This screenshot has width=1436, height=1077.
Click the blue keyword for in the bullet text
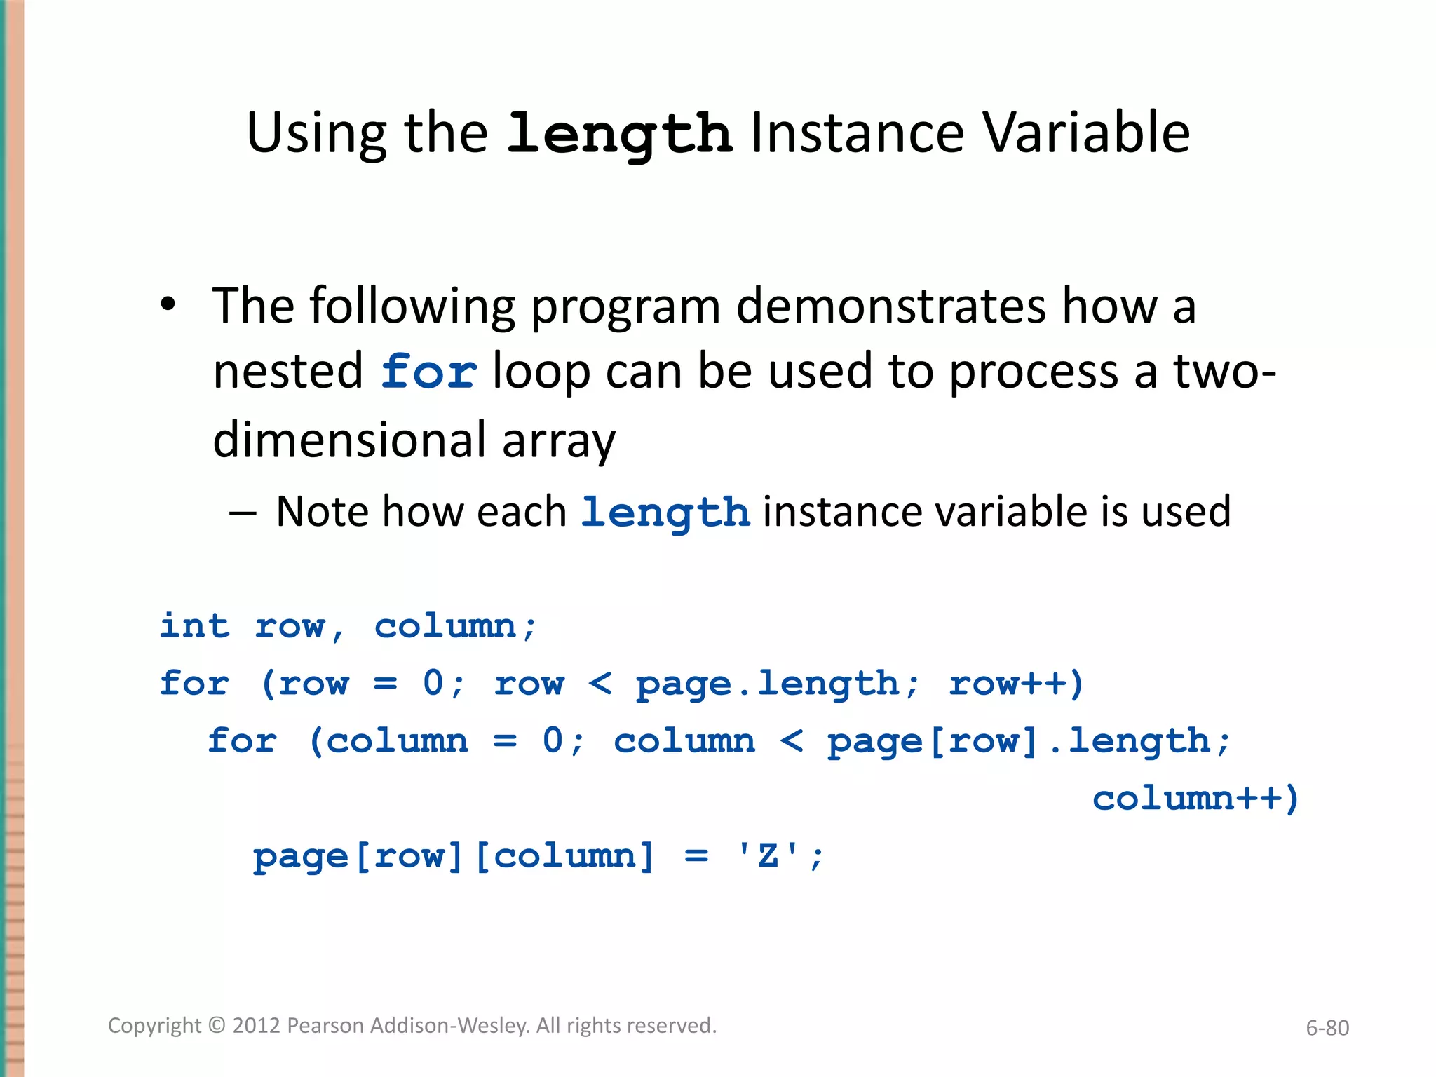click(x=429, y=372)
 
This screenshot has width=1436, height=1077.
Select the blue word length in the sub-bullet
click(x=665, y=512)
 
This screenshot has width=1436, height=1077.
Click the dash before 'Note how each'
click(x=242, y=512)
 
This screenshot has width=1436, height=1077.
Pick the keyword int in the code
click(x=194, y=625)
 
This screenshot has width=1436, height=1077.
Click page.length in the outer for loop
click(x=768, y=683)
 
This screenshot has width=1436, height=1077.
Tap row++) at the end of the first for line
click(x=1016, y=683)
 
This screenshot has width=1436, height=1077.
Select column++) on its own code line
click(x=1195, y=799)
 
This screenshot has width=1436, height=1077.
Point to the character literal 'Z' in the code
click(x=768, y=856)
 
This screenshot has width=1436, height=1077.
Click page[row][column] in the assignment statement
click(x=453, y=856)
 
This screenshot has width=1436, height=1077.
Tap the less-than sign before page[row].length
click(x=792, y=741)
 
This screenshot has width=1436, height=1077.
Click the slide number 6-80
click(x=1327, y=1028)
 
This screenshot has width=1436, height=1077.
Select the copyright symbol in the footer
click(x=217, y=1026)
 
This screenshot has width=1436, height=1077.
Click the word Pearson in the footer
click(x=326, y=1026)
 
